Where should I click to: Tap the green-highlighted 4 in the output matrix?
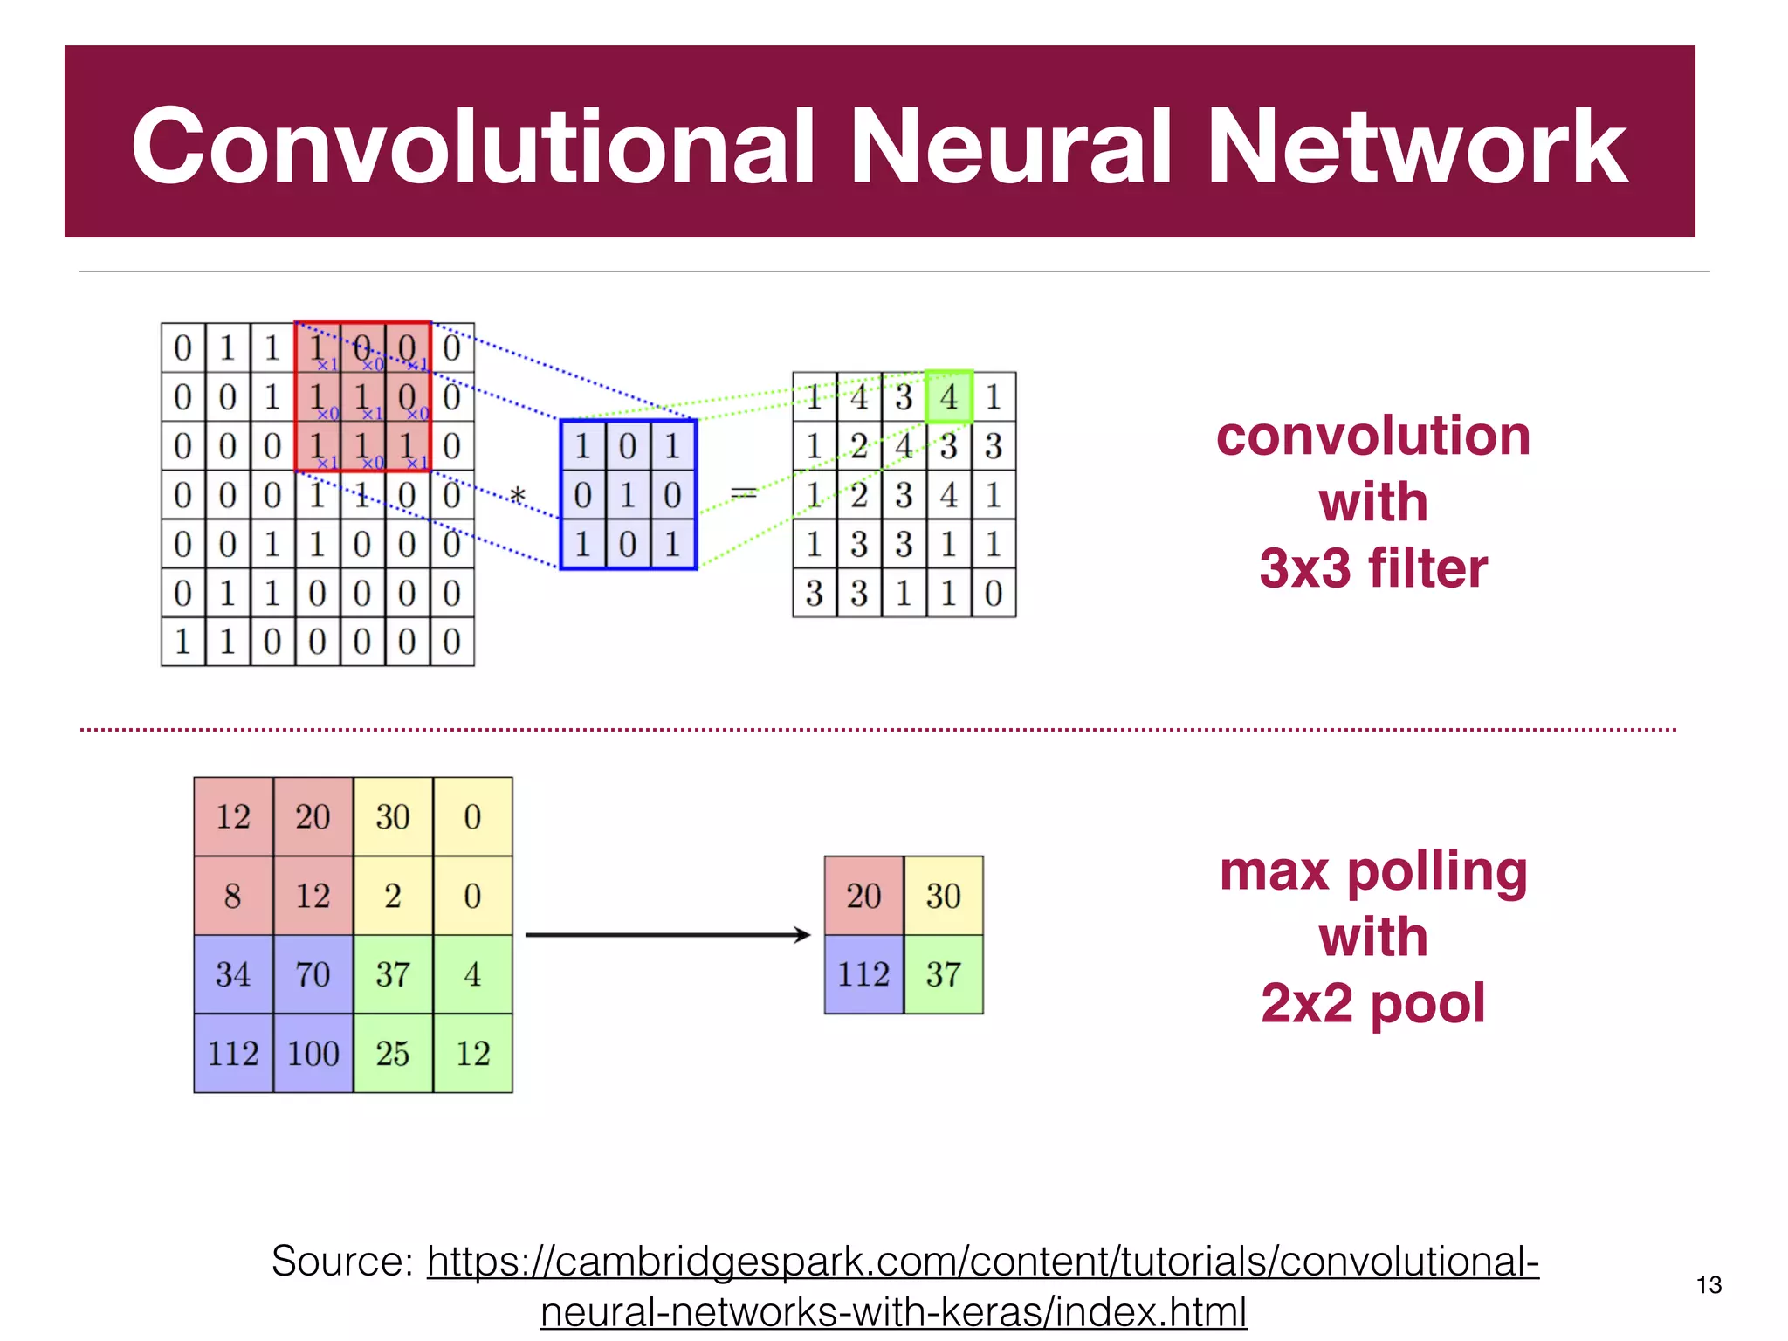pos(949,397)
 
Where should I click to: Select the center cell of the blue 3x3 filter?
pos(628,495)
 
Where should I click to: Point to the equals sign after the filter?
pos(744,494)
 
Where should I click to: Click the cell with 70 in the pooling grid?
pos(313,974)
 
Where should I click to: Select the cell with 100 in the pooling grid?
pos(313,1054)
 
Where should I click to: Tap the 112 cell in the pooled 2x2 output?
pos(863,974)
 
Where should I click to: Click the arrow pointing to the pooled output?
pos(668,935)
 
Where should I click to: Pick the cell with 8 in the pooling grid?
pos(233,896)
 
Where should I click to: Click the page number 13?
pos(1709,1285)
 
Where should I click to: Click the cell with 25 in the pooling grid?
pos(393,1054)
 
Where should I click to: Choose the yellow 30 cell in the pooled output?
pos(943,896)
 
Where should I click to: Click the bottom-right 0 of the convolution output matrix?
pos(994,594)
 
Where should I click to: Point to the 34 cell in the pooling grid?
pos(233,974)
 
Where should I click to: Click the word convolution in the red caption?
pos(1373,436)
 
